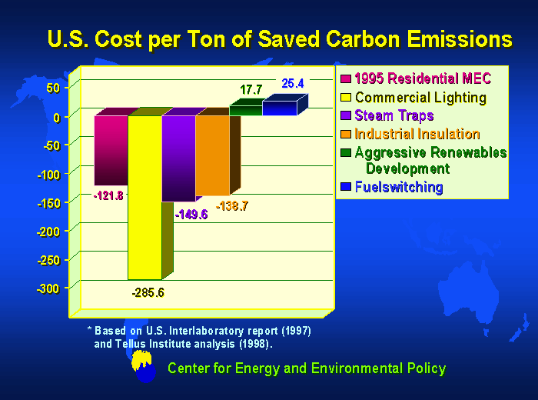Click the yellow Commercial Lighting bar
pos(144,197)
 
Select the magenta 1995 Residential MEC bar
pos(111,150)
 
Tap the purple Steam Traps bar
pos(178,158)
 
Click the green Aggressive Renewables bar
pos(245,110)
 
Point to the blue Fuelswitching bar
pos(279,108)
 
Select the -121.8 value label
pos(108,195)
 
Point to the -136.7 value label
pos(231,205)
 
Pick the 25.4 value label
pos(294,83)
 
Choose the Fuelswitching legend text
pos(399,187)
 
